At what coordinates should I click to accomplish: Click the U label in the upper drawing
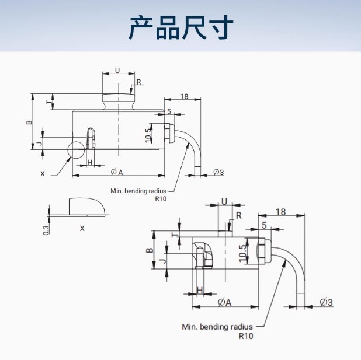pyautogui.click(x=117, y=70)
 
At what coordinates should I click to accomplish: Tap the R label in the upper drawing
pyautogui.click(x=138, y=81)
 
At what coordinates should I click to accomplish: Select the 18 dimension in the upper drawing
pyautogui.click(x=184, y=96)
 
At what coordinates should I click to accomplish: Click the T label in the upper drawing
pyautogui.click(x=48, y=102)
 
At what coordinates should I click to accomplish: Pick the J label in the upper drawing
pyautogui.click(x=40, y=143)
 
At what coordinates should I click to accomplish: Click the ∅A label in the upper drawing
pyautogui.click(x=117, y=172)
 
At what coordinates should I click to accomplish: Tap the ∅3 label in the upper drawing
pyautogui.click(x=218, y=172)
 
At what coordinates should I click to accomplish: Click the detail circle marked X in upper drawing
pyautogui.click(x=77, y=149)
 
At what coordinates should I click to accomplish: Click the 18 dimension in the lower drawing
pyautogui.click(x=281, y=212)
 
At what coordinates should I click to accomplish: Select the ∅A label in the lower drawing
pyautogui.click(x=224, y=302)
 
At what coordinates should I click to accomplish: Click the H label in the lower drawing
pyautogui.click(x=200, y=290)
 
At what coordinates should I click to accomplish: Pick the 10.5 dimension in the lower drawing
pyautogui.click(x=242, y=253)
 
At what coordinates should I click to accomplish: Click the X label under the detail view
pyautogui.click(x=82, y=228)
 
